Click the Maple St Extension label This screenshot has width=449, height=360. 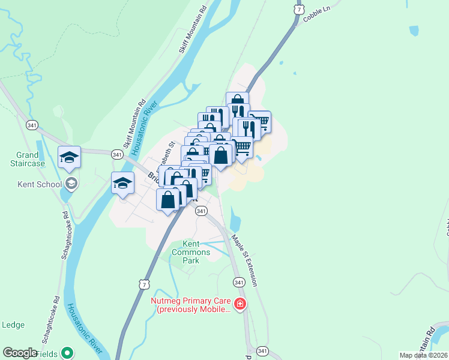tap(246, 261)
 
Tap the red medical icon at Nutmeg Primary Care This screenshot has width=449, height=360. tap(240, 304)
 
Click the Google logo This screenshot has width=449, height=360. tap(20, 353)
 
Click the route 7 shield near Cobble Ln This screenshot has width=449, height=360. tap(299, 10)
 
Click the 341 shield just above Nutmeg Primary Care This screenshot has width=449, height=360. tap(239, 282)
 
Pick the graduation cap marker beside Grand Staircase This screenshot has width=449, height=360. tap(68, 157)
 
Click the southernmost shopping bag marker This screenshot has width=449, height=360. tap(167, 199)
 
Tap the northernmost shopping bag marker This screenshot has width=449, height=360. tap(237, 101)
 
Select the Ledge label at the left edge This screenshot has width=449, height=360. tap(13, 325)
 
